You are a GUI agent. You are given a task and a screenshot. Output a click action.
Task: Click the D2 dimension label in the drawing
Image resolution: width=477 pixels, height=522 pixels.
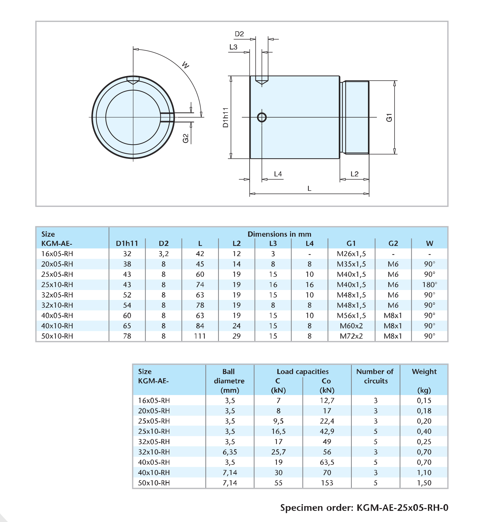(x=239, y=34)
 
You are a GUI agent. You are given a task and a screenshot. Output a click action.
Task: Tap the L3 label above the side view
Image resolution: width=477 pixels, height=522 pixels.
(x=233, y=47)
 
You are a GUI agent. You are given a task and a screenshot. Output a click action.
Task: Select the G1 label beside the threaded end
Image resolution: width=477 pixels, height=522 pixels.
(x=389, y=117)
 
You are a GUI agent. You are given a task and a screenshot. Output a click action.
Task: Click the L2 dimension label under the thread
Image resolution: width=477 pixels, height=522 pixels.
(x=354, y=174)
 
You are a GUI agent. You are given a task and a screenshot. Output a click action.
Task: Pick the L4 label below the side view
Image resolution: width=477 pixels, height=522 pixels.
(x=278, y=174)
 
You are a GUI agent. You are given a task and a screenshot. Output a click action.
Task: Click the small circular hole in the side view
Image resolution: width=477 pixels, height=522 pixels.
(x=262, y=117)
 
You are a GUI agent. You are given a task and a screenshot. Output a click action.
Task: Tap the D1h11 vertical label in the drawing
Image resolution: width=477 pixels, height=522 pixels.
(x=226, y=117)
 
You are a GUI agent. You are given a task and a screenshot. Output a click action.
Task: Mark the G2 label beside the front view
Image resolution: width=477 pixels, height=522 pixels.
(x=185, y=138)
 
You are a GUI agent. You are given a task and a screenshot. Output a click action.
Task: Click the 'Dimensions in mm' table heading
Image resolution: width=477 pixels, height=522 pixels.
(x=279, y=234)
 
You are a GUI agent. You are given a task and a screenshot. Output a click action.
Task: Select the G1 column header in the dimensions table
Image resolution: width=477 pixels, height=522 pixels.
(x=351, y=243)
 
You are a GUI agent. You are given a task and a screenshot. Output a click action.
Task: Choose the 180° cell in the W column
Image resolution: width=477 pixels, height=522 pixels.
(x=429, y=285)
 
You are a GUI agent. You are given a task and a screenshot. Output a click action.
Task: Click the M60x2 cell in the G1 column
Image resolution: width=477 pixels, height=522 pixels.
(x=351, y=326)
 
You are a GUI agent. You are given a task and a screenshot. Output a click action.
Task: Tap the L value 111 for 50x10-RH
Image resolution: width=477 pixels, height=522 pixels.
(x=200, y=336)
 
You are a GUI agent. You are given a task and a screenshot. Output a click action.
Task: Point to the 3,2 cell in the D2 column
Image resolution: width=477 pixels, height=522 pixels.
(x=163, y=254)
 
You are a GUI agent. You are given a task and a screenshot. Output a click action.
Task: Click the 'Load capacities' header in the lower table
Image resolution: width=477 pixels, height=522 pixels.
(x=302, y=372)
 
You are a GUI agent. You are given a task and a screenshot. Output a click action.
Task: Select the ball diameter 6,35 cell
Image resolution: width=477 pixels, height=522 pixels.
(x=230, y=452)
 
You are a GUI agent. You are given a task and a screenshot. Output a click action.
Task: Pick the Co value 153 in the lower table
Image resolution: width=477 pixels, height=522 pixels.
(x=327, y=483)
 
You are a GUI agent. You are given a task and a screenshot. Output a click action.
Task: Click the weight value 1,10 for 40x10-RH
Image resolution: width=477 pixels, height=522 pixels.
(x=424, y=472)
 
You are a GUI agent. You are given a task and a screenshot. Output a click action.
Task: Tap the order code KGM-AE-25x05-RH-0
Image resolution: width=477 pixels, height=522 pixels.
(x=402, y=508)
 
